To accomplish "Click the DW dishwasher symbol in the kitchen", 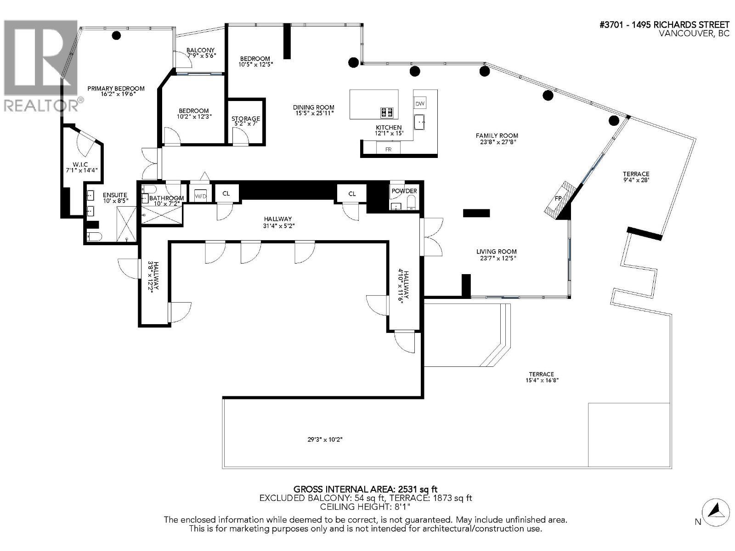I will coord(420,103).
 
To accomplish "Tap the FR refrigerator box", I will coord(388,149).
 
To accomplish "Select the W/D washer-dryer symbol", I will coord(201,196).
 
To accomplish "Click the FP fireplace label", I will coord(559,198).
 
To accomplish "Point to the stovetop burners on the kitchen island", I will coord(387,112).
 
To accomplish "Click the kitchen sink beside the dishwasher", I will coord(420,123).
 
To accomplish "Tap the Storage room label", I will coord(246,119).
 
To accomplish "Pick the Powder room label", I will coord(404,191).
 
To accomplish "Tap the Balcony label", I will coord(200,50).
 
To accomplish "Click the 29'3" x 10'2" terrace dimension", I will coord(325,439).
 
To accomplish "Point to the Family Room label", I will coord(497,135).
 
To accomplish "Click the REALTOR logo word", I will coord(40,106).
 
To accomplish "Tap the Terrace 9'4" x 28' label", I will coord(636,174).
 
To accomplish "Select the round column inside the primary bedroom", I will coord(117,35).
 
